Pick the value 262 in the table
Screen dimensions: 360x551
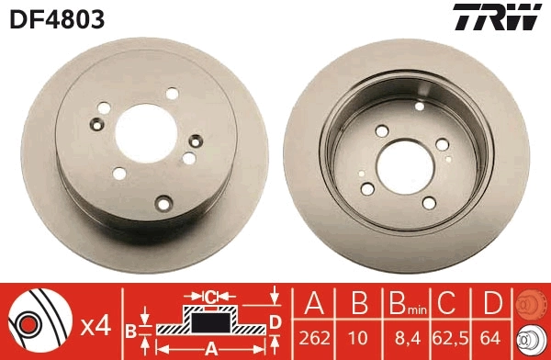[314, 338]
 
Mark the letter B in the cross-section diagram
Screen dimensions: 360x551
[130, 329]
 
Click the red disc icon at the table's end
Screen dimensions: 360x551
[530, 306]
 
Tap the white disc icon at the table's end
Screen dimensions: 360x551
[530, 339]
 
